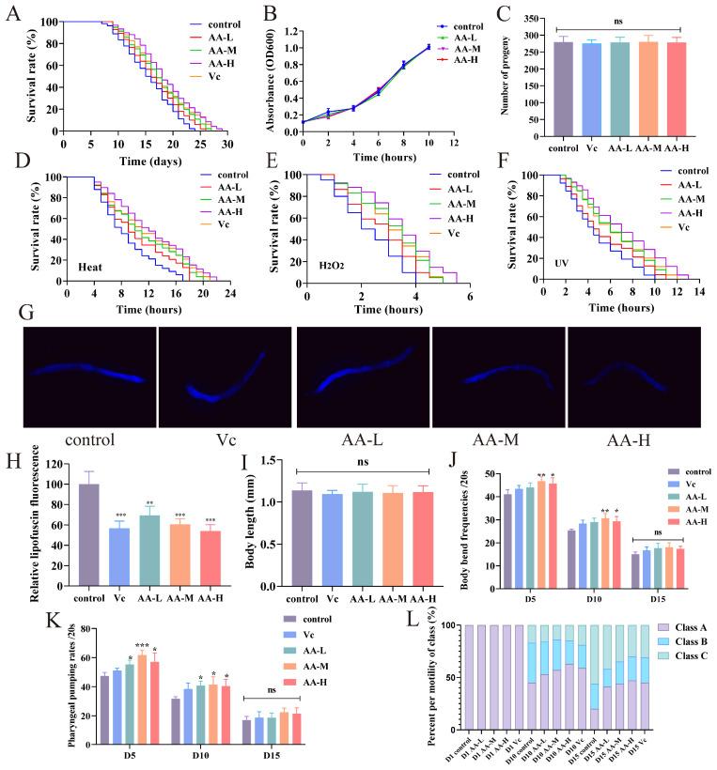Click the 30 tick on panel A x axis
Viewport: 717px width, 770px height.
[x=226, y=144]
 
